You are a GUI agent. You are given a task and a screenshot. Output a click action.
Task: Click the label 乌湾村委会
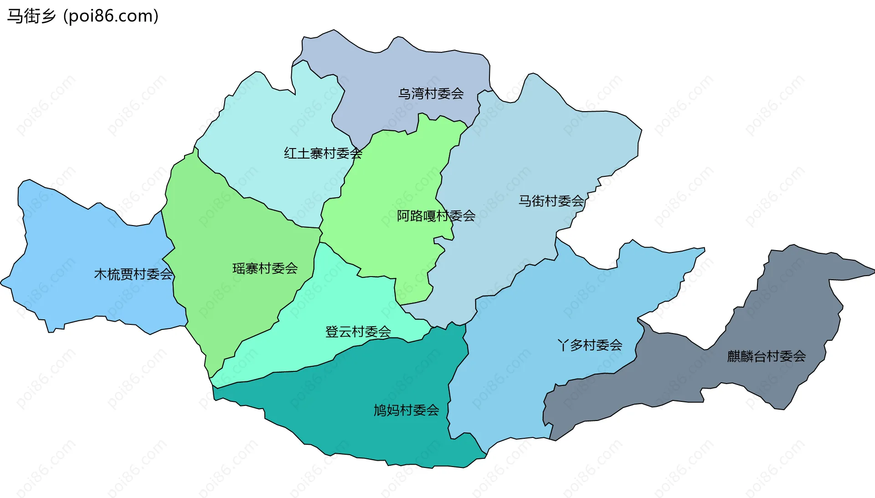pos(431,94)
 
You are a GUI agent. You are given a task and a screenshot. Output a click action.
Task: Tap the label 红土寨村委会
pos(323,154)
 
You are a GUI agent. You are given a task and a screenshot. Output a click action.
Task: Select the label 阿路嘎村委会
pos(436,216)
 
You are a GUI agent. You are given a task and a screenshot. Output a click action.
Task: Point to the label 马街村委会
pos(551,201)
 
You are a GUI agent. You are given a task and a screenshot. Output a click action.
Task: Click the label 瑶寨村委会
pos(265,269)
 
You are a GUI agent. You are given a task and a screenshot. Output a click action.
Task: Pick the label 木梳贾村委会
pos(133,274)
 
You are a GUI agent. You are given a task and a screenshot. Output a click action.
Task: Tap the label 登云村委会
pos(358,332)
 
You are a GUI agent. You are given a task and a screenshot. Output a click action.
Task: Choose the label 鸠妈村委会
pos(406,411)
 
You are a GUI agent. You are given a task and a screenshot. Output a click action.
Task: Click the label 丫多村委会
pos(590,345)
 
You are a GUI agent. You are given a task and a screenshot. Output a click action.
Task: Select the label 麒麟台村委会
pos(767,356)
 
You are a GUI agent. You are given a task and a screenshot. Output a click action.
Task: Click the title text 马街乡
pos(31,16)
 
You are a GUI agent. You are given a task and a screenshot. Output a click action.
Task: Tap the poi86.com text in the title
pos(111,16)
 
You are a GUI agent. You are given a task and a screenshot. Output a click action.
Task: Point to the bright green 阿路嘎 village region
pos(387,182)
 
